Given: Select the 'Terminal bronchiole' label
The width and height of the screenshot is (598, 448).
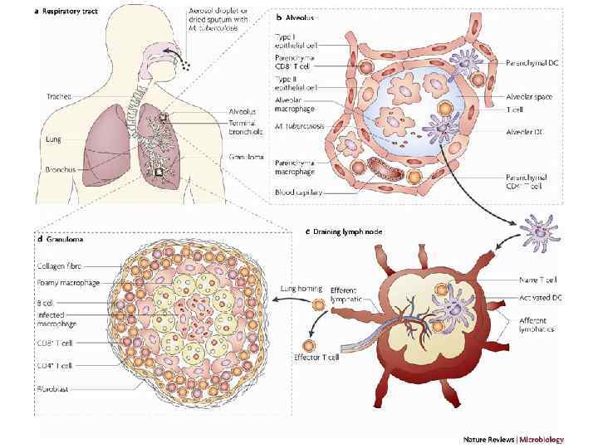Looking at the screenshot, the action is tap(248, 126).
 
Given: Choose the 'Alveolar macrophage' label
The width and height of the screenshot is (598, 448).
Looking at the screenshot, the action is tap(296, 106).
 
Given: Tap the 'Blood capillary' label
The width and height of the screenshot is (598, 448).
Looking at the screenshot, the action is tap(299, 191).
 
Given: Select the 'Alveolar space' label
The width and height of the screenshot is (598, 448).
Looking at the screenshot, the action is tap(531, 96).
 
